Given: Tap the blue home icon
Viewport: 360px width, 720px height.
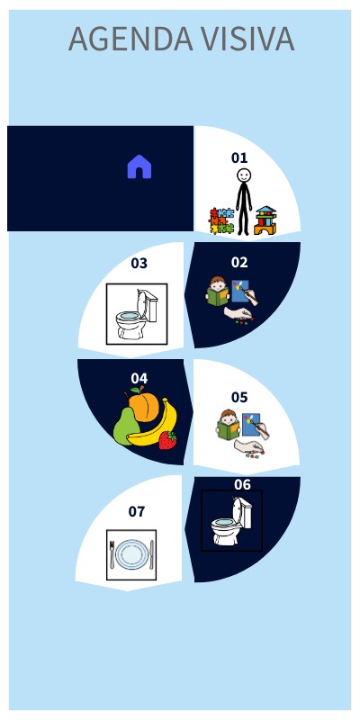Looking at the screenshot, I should click(139, 166).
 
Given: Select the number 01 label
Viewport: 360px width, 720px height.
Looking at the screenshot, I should click(239, 157).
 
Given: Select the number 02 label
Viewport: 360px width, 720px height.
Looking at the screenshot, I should click(239, 263).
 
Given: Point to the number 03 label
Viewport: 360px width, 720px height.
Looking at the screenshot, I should click(139, 264).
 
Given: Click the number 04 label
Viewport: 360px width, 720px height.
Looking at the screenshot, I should click(139, 378).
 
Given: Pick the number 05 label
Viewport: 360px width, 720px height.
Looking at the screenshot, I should click(239, 397).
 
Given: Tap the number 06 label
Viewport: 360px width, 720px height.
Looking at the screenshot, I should click(243, 484).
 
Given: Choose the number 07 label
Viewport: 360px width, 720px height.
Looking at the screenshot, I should click(136, 511).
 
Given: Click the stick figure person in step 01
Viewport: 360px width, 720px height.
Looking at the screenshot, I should click(244, 200).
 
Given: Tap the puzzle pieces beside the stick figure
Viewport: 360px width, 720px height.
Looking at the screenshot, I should click(221, 221).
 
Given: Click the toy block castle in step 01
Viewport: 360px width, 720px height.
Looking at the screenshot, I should click(265, 221).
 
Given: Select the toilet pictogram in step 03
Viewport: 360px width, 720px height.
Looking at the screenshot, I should click(137, 314).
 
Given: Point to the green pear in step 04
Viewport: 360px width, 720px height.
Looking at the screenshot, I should click(125, 424).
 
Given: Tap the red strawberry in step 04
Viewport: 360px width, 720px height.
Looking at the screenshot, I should click(167, 440).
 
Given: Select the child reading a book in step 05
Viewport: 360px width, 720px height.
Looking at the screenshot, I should click(229, 425).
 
